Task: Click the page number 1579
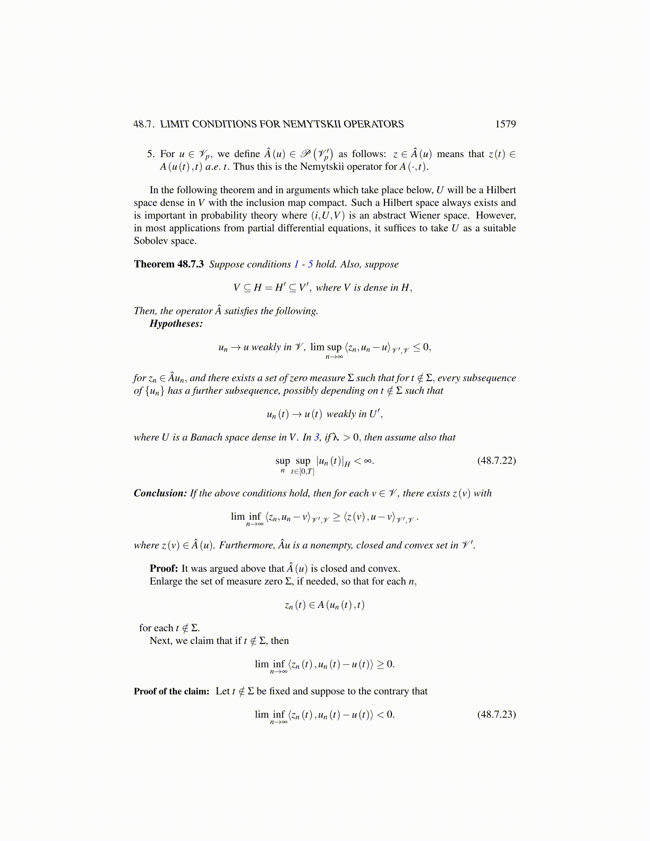point(505,124)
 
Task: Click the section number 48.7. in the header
point(144,124)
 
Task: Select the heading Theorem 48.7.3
point(168,264)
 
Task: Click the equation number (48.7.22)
point(497,460)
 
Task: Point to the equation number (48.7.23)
point(497,714)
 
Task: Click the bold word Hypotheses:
point(176,324)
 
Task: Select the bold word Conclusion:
point(160,493)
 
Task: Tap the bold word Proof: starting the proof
point(164,569)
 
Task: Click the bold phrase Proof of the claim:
point(172,691)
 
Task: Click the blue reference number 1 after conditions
point(296,264)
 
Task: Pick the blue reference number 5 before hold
point(310,264)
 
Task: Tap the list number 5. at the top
point(151,154)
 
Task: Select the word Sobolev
point(152,241)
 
